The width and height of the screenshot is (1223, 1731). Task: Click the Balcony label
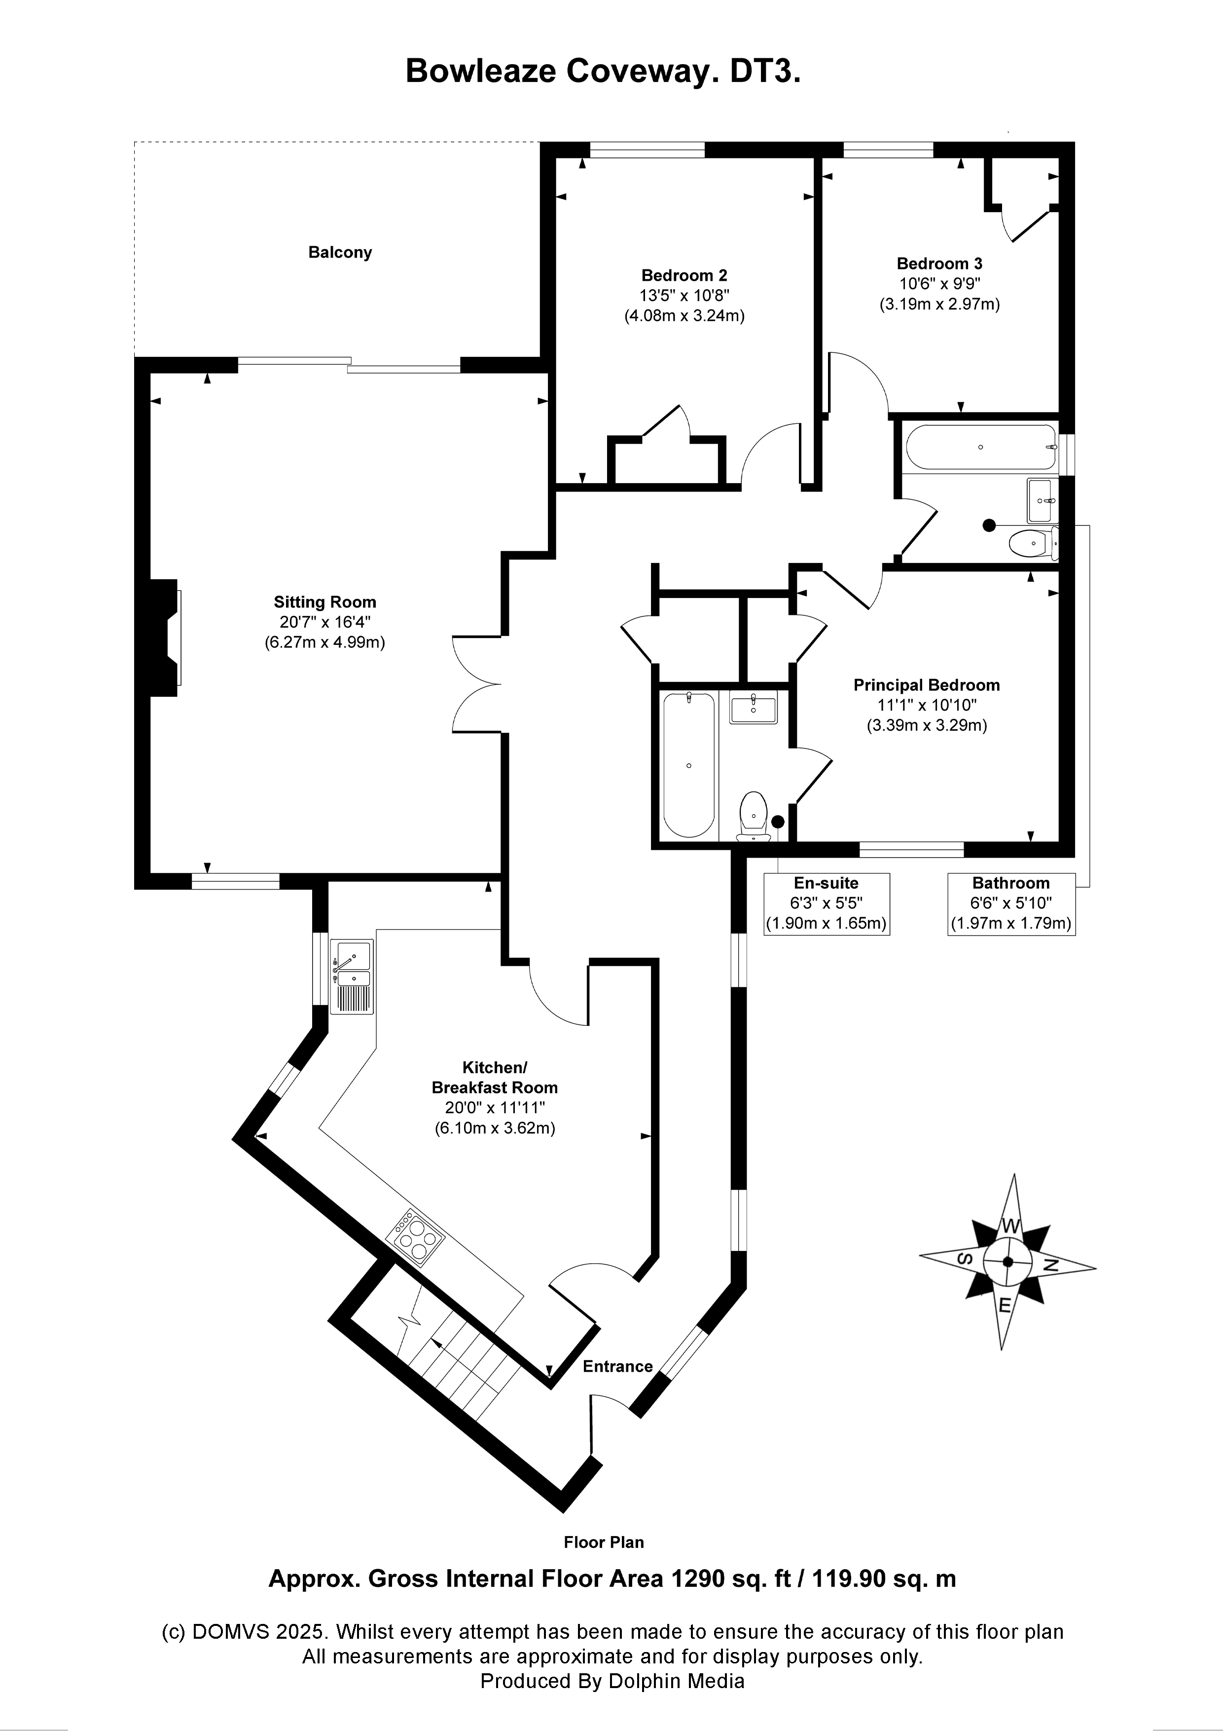(340, 253)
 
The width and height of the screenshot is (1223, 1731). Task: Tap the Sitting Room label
(325, 602)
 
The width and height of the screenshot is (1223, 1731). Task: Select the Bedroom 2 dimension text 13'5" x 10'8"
(684, 296)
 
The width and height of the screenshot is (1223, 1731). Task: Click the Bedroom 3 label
(939, 264)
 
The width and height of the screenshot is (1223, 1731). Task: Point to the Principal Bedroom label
(926, 685)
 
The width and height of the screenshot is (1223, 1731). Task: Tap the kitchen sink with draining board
(353, 977)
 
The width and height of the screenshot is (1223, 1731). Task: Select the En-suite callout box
(827, 904)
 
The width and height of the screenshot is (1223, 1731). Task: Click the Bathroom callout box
(1010, 904)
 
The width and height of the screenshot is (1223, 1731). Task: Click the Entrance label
(617, 1367)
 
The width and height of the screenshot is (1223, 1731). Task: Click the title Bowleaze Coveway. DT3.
(603, 72)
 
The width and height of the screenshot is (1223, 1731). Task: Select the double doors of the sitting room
(477, 684)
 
